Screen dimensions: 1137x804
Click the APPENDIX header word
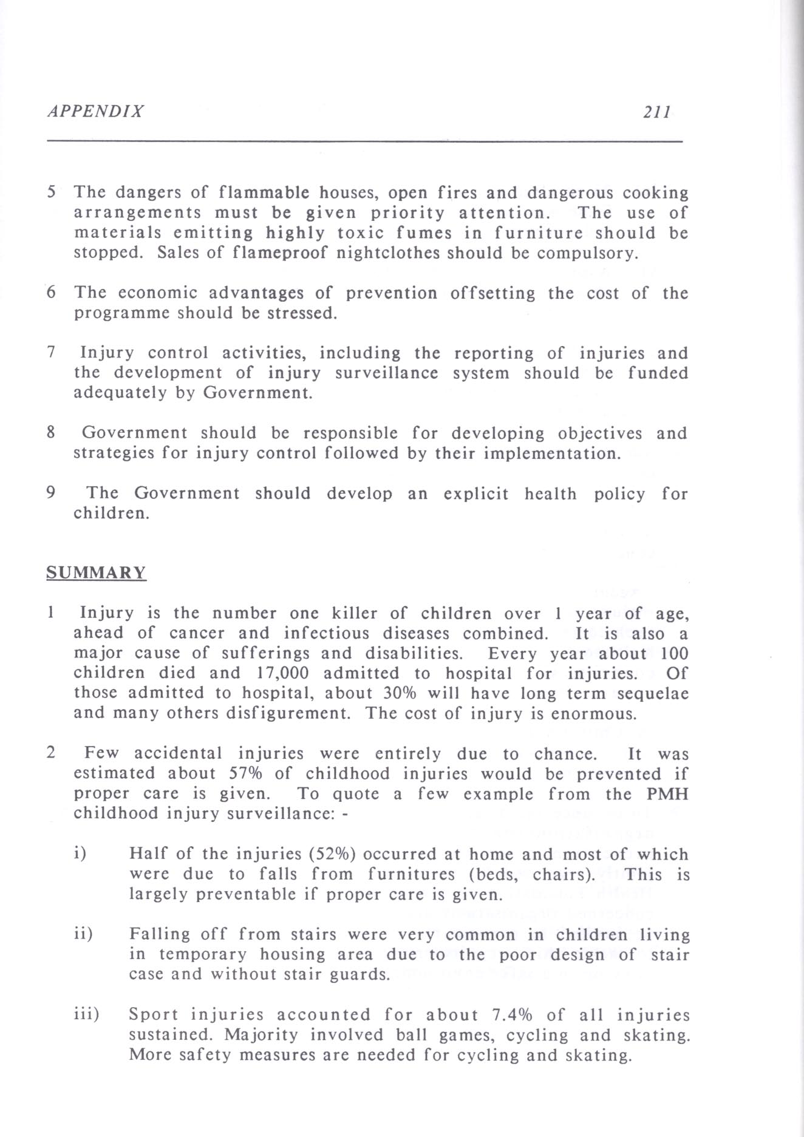(95, 112)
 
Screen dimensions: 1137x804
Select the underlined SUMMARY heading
(96, 573)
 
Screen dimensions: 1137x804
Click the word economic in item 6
(155, 293)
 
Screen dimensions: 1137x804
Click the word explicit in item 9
(476, 494)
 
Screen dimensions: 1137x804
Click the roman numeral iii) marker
(86, 1015)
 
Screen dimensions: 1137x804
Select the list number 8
(52, 433)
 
